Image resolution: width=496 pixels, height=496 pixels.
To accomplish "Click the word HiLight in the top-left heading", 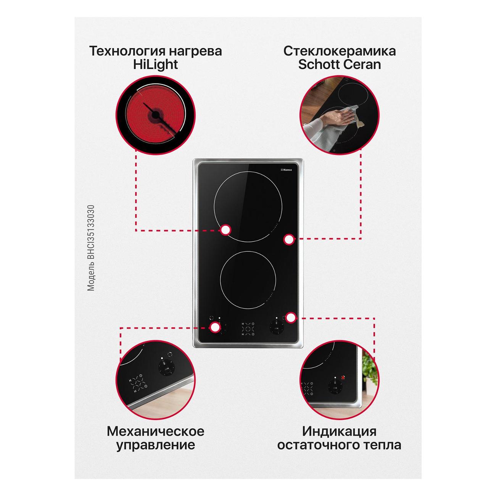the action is [155, 64].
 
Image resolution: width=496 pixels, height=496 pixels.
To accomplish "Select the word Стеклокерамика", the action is [340, 51].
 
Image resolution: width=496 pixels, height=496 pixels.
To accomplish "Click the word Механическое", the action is [156, 431].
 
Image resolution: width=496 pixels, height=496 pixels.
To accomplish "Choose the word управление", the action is [156, 445].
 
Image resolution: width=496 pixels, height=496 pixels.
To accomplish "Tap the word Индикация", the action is [339, 431].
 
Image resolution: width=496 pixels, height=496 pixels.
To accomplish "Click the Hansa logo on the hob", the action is [287, 170].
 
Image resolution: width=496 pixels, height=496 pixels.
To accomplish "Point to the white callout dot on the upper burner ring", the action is [226, 230].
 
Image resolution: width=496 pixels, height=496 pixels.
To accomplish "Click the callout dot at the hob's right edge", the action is [289, 239].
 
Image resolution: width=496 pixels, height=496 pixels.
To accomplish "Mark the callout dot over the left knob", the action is [215, 327].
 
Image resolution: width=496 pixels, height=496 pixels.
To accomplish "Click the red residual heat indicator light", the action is [343, 378].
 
